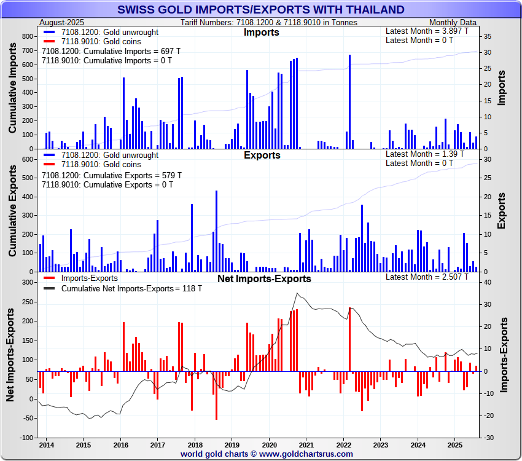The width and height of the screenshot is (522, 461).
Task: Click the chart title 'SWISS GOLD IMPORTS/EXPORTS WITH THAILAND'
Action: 260,9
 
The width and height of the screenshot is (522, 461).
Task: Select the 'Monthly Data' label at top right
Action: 456,22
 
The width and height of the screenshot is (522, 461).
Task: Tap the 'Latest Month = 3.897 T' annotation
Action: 427,31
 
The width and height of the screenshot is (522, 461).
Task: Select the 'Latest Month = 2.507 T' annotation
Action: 427,277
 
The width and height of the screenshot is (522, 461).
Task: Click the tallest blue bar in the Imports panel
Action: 349,101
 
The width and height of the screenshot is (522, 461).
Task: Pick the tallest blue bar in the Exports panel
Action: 216,230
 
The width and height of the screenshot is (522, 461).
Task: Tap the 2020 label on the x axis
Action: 269,444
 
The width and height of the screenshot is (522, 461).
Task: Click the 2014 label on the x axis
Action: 46,444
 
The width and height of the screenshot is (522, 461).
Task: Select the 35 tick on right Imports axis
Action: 486,37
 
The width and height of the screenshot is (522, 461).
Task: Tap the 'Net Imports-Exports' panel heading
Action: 264,279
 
